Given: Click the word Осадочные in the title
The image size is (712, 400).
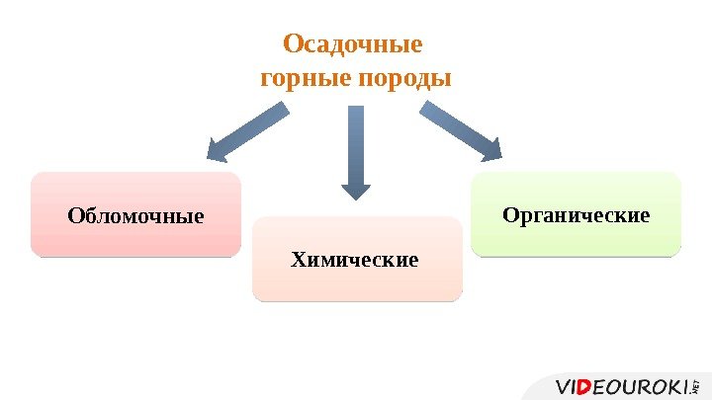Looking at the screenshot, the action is [353, 45].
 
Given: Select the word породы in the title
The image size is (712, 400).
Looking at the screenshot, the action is [403, 77].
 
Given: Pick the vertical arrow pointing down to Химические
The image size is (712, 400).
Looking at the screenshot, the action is [356, 148].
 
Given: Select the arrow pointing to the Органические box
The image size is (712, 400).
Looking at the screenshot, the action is [461, 130].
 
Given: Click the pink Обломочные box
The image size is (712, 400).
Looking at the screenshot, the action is [135, 214].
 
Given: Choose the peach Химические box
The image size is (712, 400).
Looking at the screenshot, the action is [357, 260].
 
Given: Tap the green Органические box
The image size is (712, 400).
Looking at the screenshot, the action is [577, 213].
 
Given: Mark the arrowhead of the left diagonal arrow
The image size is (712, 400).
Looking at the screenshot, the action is [218, 150].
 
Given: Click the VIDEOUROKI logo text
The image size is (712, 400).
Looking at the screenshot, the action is [623, 385].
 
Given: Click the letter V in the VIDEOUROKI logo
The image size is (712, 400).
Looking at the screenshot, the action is [563, 385].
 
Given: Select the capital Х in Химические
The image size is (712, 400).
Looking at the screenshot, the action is [298, 260].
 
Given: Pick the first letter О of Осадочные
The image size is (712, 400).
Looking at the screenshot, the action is [292, 45].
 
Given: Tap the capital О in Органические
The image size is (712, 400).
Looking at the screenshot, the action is [510, 213].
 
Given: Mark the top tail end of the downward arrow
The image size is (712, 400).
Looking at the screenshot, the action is [356, 109].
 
